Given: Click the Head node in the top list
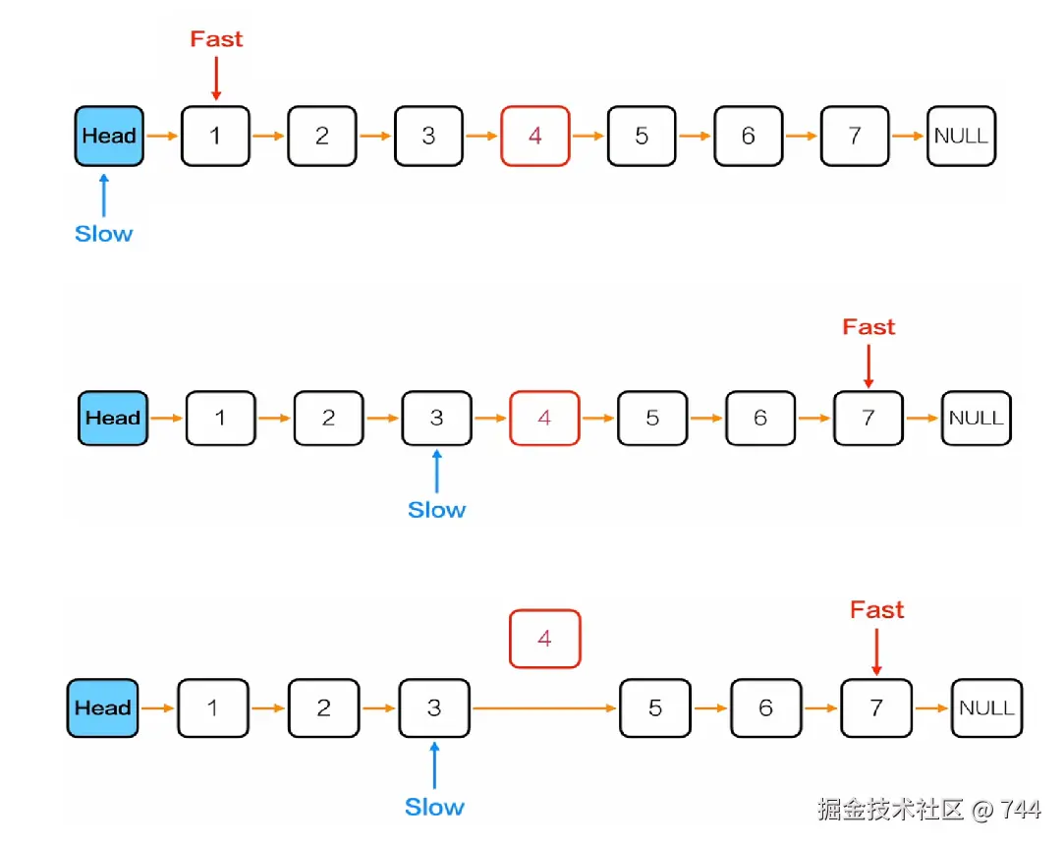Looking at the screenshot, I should [x=109, y=136].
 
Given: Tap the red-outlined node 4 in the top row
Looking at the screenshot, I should [x=534, y=136].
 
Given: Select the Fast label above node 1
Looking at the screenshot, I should [x=216, y=39].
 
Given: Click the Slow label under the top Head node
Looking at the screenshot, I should [x=103, y=234].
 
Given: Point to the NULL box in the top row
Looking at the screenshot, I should [x=961, y=136].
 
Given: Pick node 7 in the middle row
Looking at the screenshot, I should [x=868, y=418].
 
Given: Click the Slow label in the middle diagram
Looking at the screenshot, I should [x=436, y=510].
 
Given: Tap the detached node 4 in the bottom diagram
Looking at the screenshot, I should [x=544, y=639].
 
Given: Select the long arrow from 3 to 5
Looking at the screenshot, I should [x=544, y=707].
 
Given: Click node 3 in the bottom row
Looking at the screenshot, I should [x=433, y=707].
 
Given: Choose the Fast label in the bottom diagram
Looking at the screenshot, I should [x=876, y=610].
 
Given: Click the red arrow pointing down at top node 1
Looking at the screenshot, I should [x=215, y=79].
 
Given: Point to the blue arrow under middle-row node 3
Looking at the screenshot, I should [x=436, y=472].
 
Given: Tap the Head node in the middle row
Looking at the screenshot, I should [x=113, y=418].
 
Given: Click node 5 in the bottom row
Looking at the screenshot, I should [x=654, y=707].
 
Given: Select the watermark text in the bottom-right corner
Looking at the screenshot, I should [x=928, y=809].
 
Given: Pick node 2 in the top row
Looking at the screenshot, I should [x=321, y=136].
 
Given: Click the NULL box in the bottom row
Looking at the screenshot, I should [x=985, y=707].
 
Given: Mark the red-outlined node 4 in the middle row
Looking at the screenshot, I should [x=544, y=418].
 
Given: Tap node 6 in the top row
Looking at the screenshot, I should [x=748, y=136].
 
